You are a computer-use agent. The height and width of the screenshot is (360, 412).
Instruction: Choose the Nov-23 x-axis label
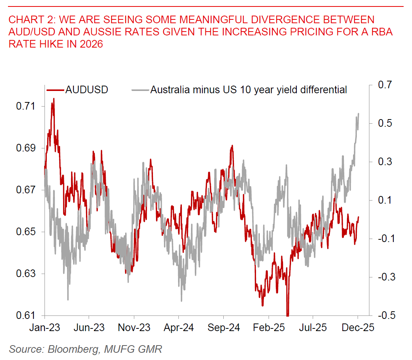134,328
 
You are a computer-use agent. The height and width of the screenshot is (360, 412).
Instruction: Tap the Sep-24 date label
223,328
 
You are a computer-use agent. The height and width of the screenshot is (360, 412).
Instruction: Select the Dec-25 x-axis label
358,328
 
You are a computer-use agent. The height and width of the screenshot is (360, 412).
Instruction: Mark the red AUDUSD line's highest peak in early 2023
54,99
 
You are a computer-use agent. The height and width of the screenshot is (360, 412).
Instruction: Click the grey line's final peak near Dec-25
359,113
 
